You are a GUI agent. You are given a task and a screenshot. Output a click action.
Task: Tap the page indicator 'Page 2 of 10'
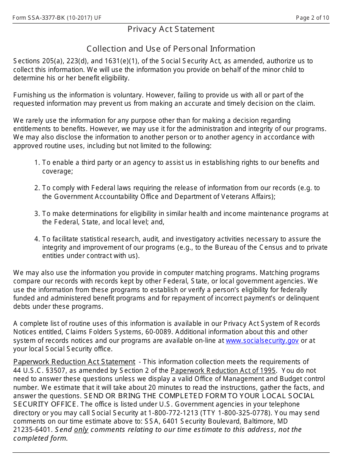click(x=313, y=18)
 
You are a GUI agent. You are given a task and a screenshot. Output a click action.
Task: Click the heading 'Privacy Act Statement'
click(x=171, y=29)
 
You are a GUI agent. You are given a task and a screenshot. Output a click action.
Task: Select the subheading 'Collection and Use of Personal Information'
click(x=171, y=49)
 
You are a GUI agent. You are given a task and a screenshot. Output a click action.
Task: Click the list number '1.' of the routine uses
click(x=37, y=163)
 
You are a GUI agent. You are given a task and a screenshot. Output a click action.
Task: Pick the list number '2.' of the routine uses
click(x=37, y=188)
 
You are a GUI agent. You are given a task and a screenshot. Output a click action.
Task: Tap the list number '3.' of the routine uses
click(x=37, y=214)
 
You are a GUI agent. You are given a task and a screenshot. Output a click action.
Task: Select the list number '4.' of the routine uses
click(x=37, y=239)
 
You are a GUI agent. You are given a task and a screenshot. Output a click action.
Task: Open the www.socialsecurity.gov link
click(x=262, y=341)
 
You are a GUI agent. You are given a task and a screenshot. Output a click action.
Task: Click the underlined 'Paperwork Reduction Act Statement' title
click(x=74, y=362)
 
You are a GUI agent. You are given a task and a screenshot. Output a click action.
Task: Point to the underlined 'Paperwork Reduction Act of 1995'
click(x=223, y=371)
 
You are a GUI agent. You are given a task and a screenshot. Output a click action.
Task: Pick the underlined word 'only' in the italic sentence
click(x=81, y=430)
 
